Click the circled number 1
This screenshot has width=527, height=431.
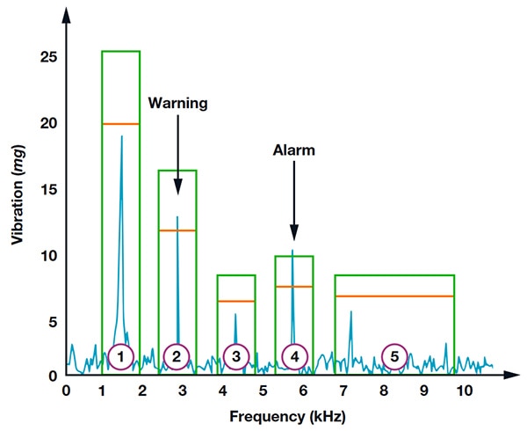coord(121,356)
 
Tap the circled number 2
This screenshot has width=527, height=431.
coord(177,356)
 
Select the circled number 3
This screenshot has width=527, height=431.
coord(236,356)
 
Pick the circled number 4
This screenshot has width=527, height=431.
coord(295,356)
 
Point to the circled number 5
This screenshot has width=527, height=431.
coord(394,356)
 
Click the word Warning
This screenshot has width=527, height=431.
coord(177,103)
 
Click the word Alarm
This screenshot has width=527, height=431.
coord(293,150)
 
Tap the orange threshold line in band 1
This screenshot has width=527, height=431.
coord(121,124)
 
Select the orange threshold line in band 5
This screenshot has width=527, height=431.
coord(394,296)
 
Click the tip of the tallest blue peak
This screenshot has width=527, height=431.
coord(122,136)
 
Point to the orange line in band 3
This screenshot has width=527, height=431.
coord(236,302)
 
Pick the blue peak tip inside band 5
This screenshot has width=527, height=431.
coord(350,311)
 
